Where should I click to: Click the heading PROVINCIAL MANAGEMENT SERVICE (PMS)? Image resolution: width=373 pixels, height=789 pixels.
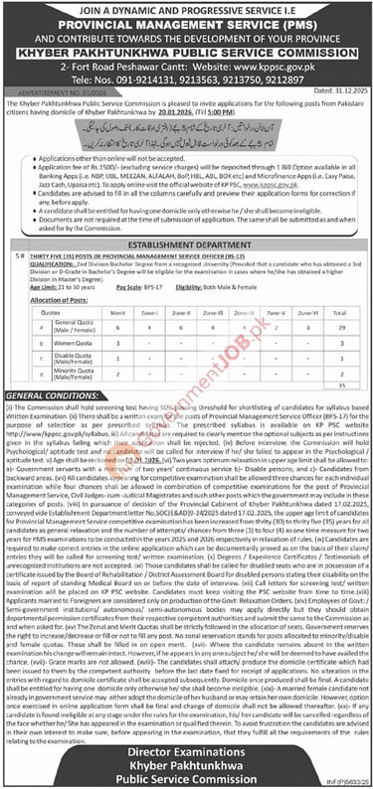(186, 21)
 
